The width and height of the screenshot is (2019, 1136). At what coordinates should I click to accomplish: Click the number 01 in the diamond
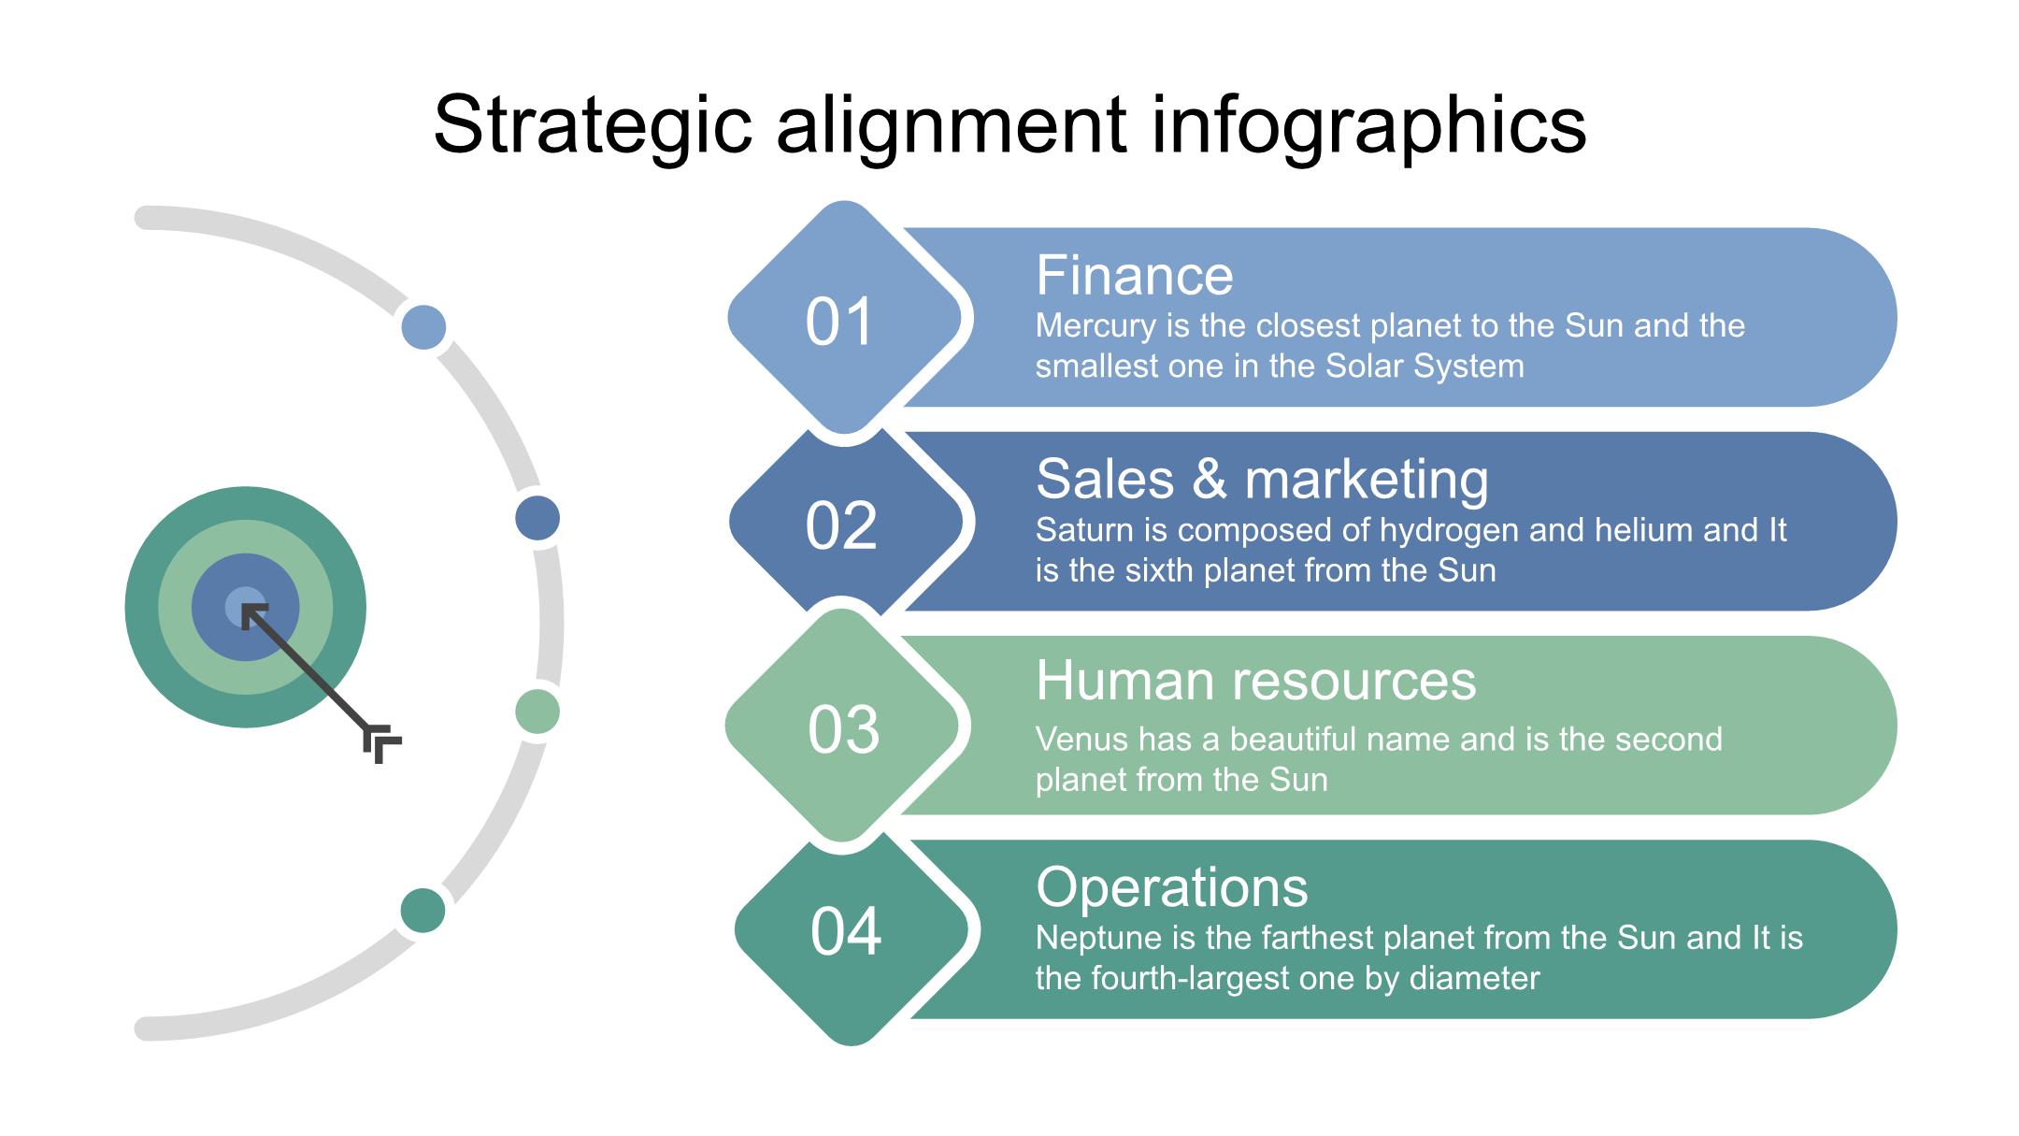839,322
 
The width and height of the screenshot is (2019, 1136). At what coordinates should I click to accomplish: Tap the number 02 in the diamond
840,525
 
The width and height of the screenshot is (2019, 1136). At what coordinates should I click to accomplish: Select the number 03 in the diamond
843,729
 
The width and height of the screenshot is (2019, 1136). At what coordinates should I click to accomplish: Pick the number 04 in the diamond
846,931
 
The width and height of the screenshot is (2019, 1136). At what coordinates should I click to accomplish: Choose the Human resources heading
1255,680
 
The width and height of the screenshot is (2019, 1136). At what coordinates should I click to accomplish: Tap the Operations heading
1172,886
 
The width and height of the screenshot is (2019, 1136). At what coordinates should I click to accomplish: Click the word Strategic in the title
593,125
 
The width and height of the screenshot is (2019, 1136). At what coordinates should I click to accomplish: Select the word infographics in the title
1368,125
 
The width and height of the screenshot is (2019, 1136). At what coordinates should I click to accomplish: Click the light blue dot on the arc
423,327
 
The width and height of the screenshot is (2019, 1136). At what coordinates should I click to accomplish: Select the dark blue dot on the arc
537,518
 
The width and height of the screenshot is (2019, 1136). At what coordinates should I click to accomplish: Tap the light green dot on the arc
537,712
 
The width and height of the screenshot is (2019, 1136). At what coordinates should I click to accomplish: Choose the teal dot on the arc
422,911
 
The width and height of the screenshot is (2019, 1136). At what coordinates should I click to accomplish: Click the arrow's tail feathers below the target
382,744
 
